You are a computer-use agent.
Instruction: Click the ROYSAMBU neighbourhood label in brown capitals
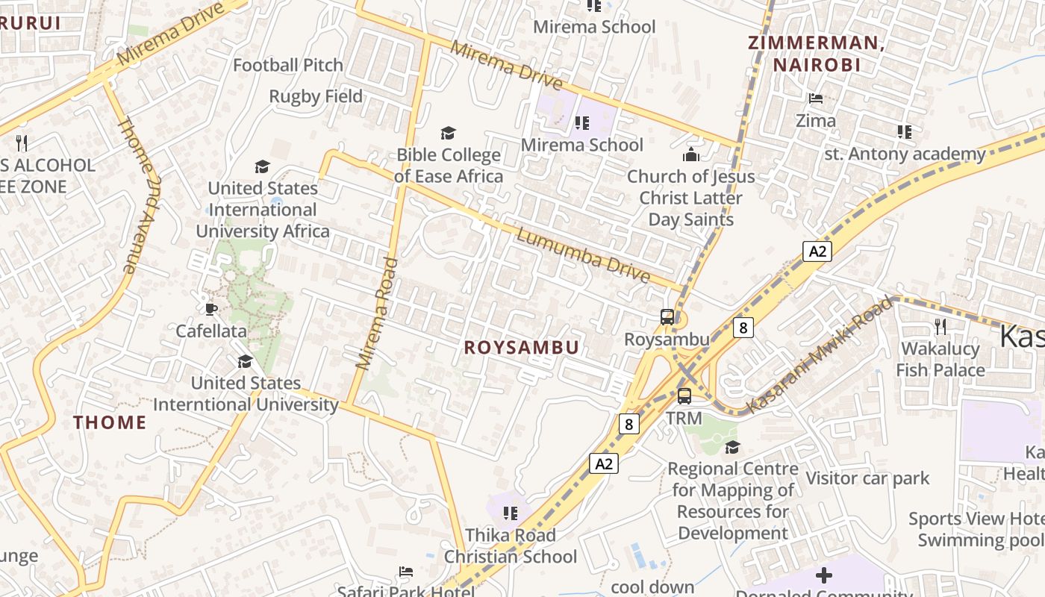[x=521, y=348]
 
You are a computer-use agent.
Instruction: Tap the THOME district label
[x=110, y=422]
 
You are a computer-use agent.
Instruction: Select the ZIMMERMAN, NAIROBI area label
[x=817, y=54]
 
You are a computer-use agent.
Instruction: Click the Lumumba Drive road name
[x=583, y=256]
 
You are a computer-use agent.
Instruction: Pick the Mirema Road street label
[x=376, y=313]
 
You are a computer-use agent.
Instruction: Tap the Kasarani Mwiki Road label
[x=820, y=355]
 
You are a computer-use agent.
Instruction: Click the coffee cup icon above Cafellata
[x=211, y=309]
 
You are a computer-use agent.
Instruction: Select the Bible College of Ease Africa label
[x=449, y=166]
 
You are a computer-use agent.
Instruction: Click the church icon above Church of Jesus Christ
[x=690, y=155]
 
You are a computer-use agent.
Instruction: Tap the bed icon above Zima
[x=815, y=99]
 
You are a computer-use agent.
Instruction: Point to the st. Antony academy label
[x=905, y=154]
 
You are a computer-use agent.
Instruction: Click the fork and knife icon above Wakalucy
[x=940, y=327]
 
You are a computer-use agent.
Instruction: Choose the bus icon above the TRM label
[x=684, y=396]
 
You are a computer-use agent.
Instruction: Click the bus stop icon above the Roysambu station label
[x=667, y=317]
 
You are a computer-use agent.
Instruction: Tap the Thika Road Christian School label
[x=511, y=546]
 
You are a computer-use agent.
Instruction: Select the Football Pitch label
[x=288, y=66]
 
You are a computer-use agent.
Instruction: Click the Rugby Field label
[x=316, y=96]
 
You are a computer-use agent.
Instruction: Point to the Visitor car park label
[x=867, y=478]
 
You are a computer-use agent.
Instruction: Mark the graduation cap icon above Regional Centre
[x=732, y=447]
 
